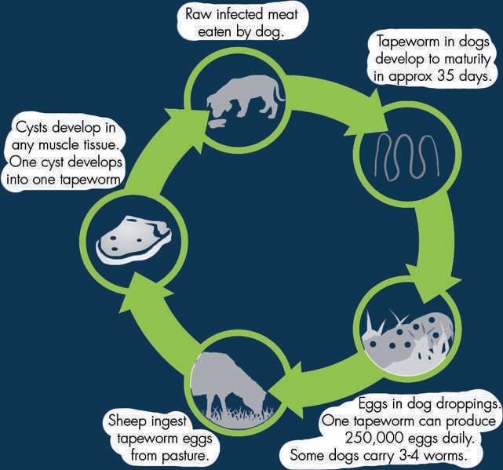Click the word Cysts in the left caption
[x=35, y=127]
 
